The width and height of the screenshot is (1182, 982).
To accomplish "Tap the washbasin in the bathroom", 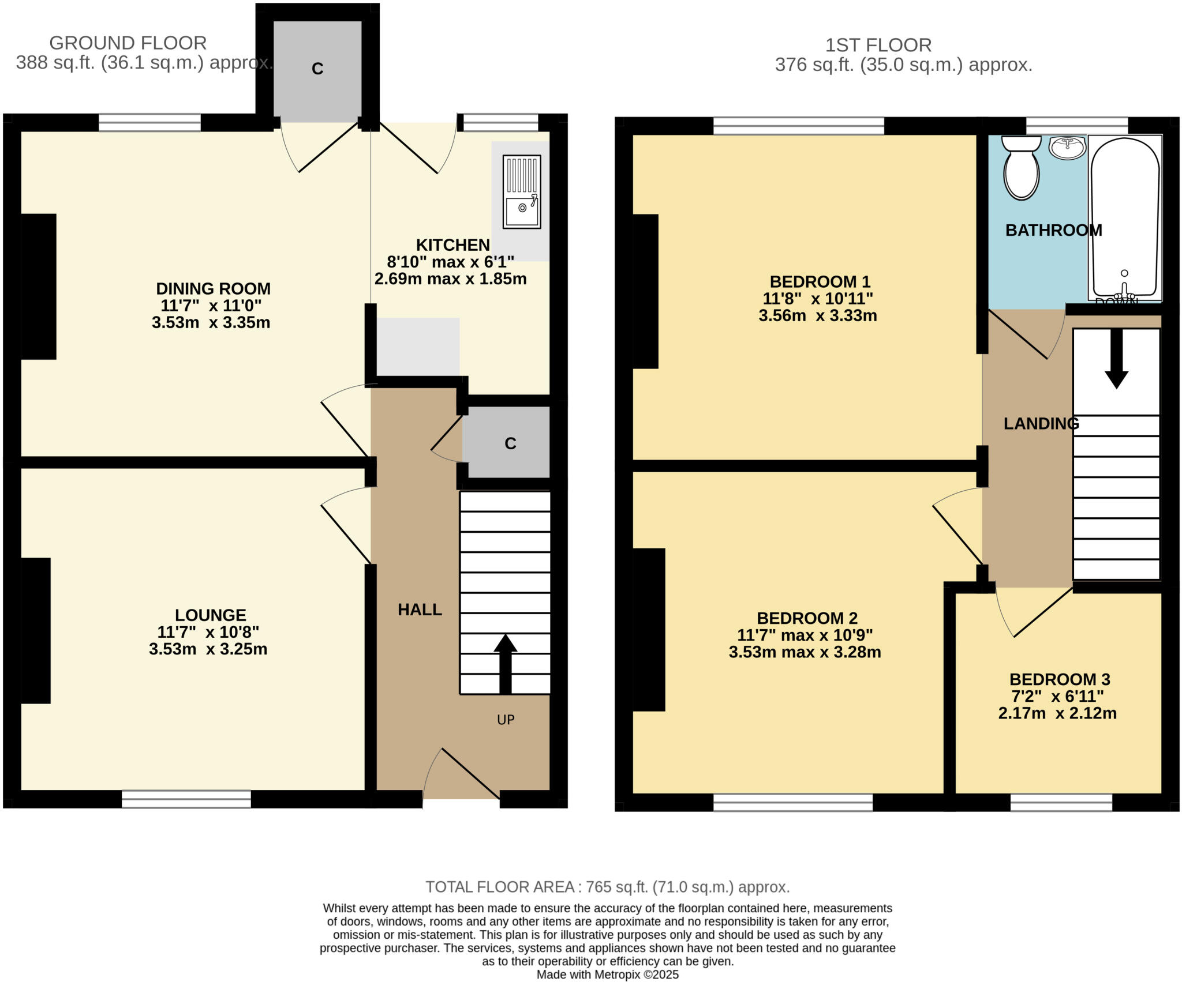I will [x=1067, y=148].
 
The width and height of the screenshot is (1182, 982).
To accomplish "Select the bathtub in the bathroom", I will [x=1124, y=219].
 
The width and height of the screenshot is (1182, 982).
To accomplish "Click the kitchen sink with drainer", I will [x=522, y=191].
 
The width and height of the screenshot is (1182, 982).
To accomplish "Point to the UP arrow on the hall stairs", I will [x=505, y=663].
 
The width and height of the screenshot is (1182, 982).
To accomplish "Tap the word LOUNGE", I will [x=211, y=615].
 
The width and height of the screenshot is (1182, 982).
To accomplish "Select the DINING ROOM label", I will [x=213, y=288].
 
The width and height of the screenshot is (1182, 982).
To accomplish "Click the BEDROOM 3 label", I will [x=1059, y=679].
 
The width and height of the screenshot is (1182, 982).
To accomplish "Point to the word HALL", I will [x=420, y=609].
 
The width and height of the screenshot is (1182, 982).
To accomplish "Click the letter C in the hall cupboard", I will [x=510, y=443].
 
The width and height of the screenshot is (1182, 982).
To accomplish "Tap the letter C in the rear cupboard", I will [x=317, y=69].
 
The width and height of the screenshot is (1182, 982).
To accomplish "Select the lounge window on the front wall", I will [x=186, y=799].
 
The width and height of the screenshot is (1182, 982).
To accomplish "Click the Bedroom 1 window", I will [x=798, y=126].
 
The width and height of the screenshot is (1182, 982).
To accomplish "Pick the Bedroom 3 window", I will [x=1061, y=802].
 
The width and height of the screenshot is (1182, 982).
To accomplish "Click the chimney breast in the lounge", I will [x=36, y=630].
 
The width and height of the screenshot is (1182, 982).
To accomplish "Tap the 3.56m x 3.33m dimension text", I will [x=817, y=315].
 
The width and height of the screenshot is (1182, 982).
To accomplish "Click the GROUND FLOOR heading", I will [x=128, y=43].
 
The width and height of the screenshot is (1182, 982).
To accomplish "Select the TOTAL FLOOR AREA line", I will [x=607, y=887].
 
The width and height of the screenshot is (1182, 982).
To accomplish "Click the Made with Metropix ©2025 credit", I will [x=607, y=975].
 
